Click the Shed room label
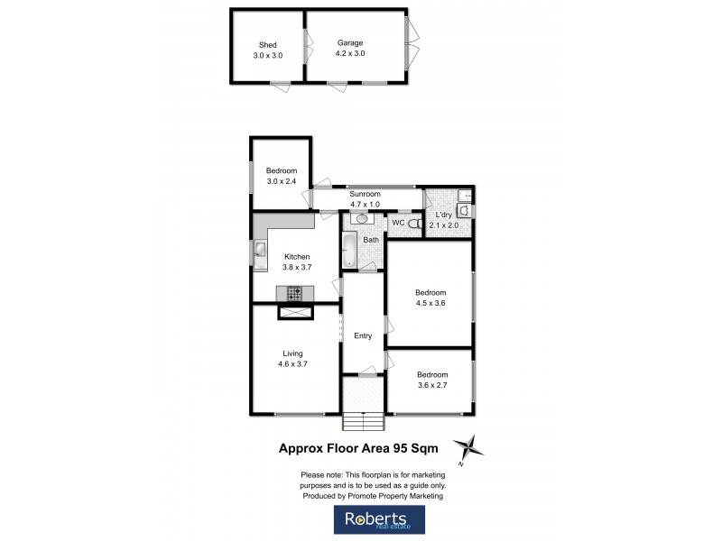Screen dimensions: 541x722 [267, 44]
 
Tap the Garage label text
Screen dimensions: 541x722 [350, 42]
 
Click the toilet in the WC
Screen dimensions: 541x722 [414, 224]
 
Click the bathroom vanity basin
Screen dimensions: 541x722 [363, 218]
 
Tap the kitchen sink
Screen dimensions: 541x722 [260, 252]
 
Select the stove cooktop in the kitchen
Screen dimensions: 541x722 [295, 292]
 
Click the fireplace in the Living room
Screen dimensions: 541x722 [295, 312]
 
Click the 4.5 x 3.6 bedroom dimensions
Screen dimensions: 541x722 [430, 303]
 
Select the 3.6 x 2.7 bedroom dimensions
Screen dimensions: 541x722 [431, 385]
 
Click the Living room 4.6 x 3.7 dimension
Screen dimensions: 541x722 [292, 364]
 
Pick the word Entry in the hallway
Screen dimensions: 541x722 [363, 336]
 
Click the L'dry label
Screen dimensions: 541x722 [448, 215]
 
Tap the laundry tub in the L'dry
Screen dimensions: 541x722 [465, 210]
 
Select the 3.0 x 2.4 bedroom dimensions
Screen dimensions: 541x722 [281, 181]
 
